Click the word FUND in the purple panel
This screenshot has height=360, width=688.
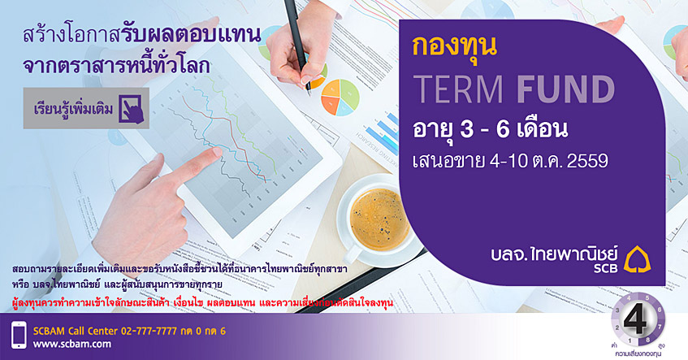point(566,90)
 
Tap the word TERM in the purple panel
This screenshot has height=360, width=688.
point(458,90)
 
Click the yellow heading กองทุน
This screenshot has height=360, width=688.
point(455,47)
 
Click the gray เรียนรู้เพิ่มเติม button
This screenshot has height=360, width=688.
point(86,108)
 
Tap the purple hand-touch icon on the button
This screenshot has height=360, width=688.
point(131,108)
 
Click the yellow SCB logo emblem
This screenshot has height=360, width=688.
point(637,259)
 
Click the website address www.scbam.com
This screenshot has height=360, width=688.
point(72,345)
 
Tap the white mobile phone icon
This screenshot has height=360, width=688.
point(19,335)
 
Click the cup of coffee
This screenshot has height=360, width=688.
point(375,219)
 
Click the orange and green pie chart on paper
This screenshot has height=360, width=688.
point(340,97)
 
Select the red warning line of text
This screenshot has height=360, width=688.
point(202,303)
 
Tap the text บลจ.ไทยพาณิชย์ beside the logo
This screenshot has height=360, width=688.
point(555,254)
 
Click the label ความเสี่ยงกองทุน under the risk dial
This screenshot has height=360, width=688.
point(638,353)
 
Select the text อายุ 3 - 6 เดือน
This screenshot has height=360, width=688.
point(490,129)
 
